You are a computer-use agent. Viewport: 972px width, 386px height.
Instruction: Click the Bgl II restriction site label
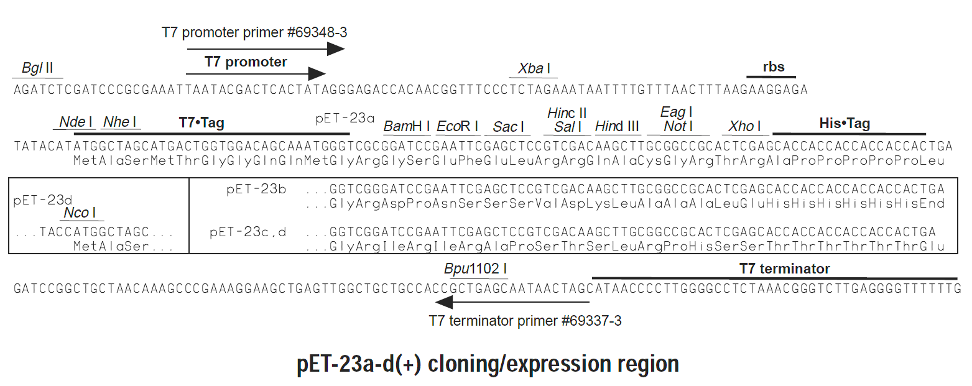[37, 68]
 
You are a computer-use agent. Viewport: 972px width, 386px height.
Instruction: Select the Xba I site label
[534, 68]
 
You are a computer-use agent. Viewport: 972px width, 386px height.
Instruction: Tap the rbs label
[774, 67]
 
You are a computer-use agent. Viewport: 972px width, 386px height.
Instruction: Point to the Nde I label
[76, 122]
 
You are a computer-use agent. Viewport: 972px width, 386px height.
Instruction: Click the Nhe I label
[120, 122]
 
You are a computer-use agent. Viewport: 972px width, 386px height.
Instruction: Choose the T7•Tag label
[201, 122]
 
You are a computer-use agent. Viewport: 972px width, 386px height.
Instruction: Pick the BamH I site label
[407, 126]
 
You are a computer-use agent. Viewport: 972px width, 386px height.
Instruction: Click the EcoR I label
[457, 126]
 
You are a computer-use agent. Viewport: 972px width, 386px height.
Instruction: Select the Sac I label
[508, 127]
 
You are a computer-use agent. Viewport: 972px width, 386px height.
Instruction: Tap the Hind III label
[617, 126]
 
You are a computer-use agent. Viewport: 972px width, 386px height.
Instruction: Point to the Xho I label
[744, 126]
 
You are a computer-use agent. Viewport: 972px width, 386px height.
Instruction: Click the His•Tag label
[845, 123]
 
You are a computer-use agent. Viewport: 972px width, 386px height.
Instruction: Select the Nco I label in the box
[80, 213]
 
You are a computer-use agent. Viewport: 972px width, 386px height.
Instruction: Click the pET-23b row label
[256, 189]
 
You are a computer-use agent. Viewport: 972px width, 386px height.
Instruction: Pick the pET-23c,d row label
[248, 232]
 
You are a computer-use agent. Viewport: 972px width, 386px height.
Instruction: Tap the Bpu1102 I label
[475, 269]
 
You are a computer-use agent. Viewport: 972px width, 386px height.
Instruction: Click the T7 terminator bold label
[785, 269]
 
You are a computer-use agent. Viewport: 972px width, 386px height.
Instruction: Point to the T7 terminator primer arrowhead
[443, 302]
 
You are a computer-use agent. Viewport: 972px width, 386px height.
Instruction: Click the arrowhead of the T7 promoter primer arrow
[336, 48]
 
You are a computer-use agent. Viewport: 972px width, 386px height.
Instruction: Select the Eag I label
[676, 113]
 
